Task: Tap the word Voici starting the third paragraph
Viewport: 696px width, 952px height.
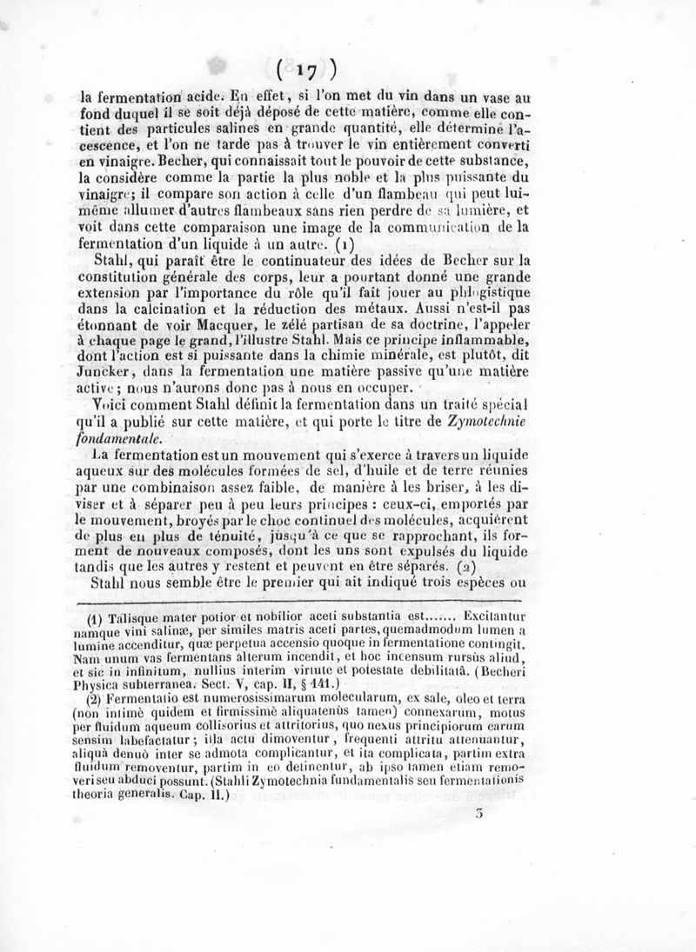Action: coord(111,405)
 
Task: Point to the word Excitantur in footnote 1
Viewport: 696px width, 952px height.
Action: coord(490,618)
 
